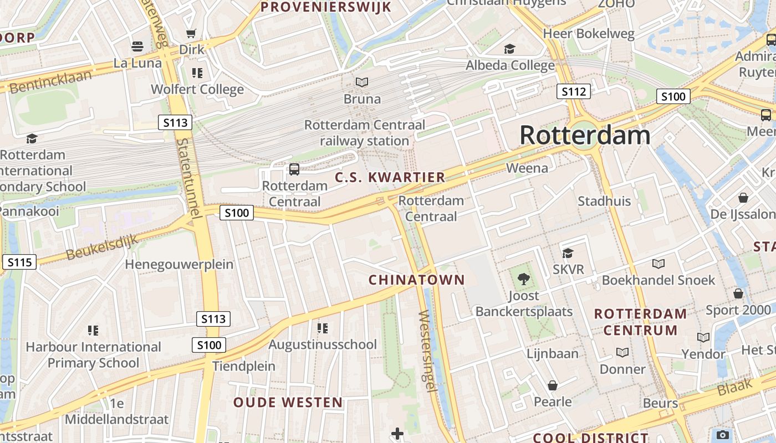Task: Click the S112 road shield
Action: (x=573, y=91)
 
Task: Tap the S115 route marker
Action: (x=19, y=262)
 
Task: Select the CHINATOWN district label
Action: (x=417, y=280)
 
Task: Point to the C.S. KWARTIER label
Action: (x=390, y=177)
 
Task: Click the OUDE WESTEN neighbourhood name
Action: (x=288, y=403)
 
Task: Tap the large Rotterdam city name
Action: (x=585, y=136)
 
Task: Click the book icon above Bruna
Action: (x=362, y=83)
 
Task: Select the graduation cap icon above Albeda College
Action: (x=509, y=49)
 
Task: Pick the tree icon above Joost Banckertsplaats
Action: (x=523, y=279)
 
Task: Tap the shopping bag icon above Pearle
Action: (x=552, y=385)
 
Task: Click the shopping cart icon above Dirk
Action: (x=191, y=34)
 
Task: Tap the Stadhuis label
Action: (x=604, y=201)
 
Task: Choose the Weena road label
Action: (x=527, y=168)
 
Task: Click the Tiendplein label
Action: (x=244, y=366)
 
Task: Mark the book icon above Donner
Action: (x=622, y=353)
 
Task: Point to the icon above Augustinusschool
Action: (x=323, y=328)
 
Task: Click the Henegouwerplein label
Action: (x=179, y=264)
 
